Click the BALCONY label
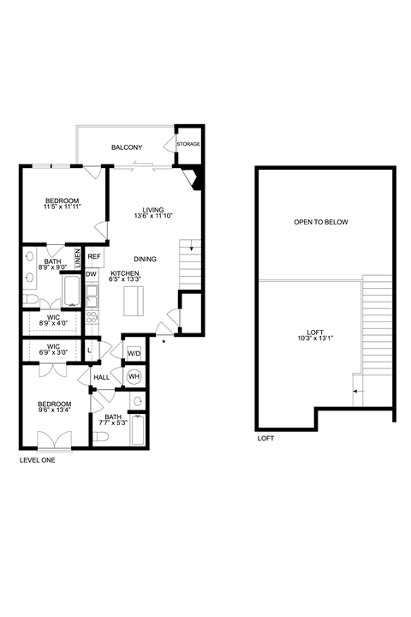pyautogui.click(x=126, y=147)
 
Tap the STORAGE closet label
pyautogui.click(x=188, y=144)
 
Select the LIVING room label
pyautogui.click(x=153, y=210)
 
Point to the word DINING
pyautogui.click(x=147, y=258)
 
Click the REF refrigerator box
pyautogui.click(x=94, y=256)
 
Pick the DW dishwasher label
pyautogui.click(x=91, y=274)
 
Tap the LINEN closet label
pyautogui.click(x=77, y=255)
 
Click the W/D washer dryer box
pyautogui.click(x=134, y=353)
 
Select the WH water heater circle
pyautogui.click(x=134, y=375)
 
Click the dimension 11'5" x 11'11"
pyautogui.click(x=63, y=207)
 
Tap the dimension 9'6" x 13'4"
pyautogui.click(x=54, y=410)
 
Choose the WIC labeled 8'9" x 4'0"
pyautogui.click(x=53, y=323)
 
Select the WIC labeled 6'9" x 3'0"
pyautogui.click(x=53, y=352)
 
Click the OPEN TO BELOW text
pyautogui.click(x=321, y=222)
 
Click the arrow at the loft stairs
pyautogui.click(x=356, y=391)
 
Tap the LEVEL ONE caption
pyautogui.click(x=41, y=459)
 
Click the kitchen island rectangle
pyautogui.click(x=134, y=302)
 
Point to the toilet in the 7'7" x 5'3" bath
pyautogui.click(x=101, y=435)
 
